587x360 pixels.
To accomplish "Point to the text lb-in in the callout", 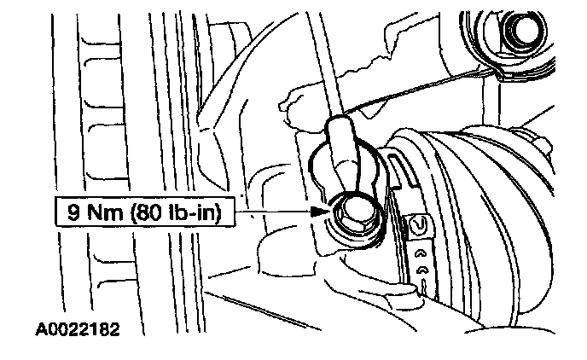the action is click(x=189, y=212).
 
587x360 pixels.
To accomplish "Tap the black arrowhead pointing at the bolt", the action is click(x=317, y=211).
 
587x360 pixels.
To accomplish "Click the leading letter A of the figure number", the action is click(x=41, y=328).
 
